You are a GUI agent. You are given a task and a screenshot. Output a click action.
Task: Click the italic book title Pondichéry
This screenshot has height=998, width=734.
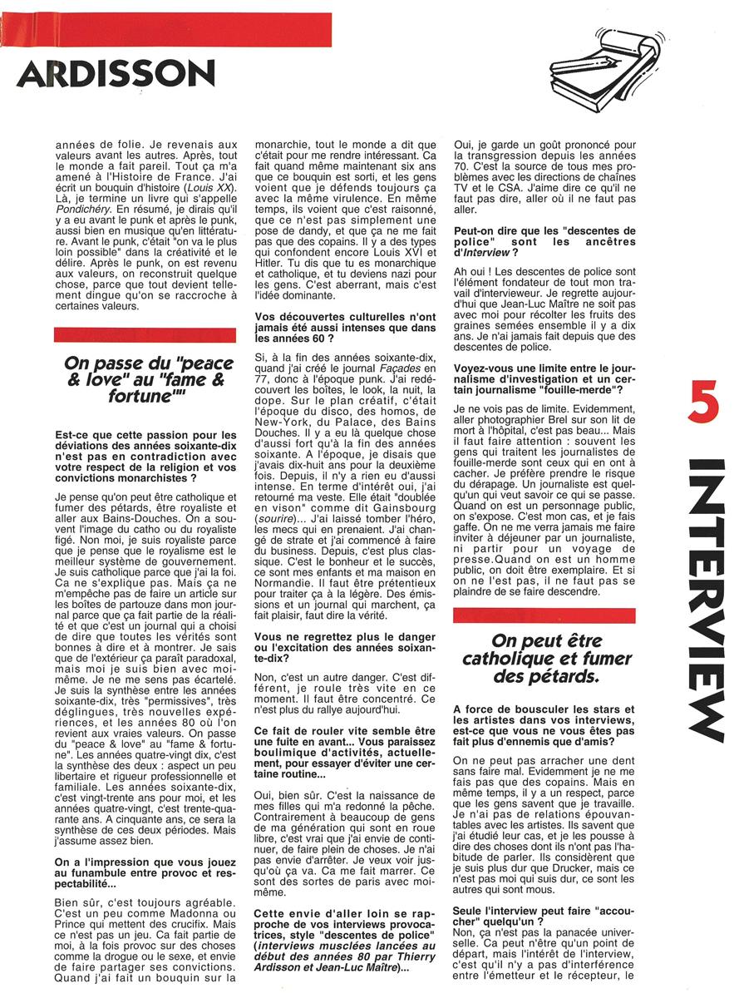tap(79, 212)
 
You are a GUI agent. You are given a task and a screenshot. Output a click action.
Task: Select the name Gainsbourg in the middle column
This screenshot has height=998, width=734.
tap(375, 484)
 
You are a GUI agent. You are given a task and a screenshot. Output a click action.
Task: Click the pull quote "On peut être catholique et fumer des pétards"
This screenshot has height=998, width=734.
tap(544, 657)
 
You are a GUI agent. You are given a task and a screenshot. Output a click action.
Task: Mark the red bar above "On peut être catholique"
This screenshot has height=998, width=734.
tap(544, 615)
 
